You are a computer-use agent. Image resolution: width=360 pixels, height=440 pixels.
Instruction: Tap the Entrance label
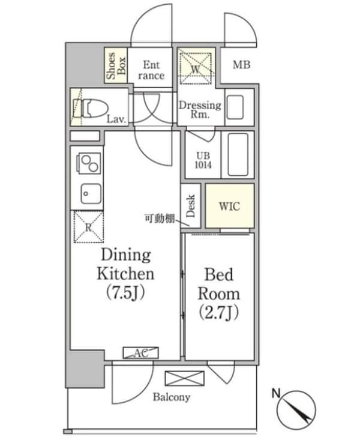pos(151,70)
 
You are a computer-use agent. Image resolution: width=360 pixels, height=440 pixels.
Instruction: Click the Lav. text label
pos(116,120)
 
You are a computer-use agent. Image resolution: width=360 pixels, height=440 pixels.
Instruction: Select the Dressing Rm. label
pos(199,109)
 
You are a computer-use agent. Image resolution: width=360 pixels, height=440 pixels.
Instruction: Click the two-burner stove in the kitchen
pos(87,163)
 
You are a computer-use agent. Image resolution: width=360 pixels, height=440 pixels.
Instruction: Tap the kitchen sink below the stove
pos(87,193)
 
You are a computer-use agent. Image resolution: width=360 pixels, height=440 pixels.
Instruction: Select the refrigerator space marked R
pos(88,227)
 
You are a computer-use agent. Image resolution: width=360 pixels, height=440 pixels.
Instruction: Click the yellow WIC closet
pos(229,206)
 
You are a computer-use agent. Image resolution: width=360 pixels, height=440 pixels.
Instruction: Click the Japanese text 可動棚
pos(159,218)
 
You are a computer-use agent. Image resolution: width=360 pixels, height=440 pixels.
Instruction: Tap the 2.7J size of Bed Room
pos(219,313)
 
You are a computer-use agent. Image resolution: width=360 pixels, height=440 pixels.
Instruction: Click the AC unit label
pos(141,353)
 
